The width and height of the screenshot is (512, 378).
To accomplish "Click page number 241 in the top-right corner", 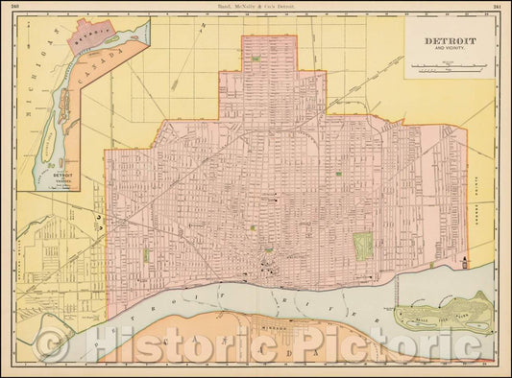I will [497, 7].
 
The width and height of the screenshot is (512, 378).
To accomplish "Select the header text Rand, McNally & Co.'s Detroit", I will [256, 7].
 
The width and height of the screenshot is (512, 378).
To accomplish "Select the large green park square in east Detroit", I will [363, 247].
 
